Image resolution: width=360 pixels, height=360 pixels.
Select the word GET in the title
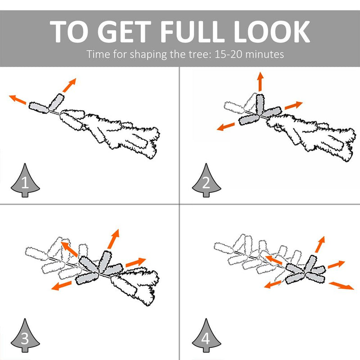(x=124, y=31)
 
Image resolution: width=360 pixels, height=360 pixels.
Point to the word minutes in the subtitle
(x=265, y=54)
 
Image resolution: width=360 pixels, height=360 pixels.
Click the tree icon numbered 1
(x=25, y=180)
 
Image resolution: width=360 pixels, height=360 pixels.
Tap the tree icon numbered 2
(x=207, y=180)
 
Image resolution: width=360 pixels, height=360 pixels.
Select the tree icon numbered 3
(x=25, y=335)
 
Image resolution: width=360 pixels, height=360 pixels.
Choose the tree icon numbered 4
(x=207, y=335)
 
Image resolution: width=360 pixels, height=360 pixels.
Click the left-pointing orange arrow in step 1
(x=18, y=99)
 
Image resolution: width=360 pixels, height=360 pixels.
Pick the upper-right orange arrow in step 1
(x=69, y=85)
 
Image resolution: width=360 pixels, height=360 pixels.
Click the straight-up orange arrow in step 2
(x=260, y=81)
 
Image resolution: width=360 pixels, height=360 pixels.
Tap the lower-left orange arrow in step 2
(x=226, y=127)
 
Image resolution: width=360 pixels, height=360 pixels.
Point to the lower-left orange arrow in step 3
(x=61, y=285)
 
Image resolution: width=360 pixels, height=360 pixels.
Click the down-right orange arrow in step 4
(x=342, y=286)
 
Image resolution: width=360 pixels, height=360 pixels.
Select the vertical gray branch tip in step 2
(x=260, y=104)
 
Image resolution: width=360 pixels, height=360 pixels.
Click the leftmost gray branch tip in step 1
(x=39, y=108)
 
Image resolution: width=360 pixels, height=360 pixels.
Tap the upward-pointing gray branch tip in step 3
(x=105, y=261)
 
